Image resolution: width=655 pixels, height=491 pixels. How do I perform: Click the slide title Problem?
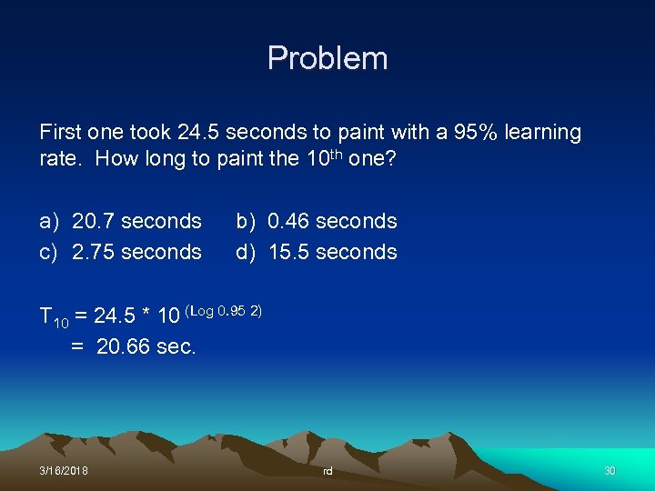pyautogui.click(x=327, y=59)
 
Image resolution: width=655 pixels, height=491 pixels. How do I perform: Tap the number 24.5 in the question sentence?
pyautogui.click(x=198, y=133)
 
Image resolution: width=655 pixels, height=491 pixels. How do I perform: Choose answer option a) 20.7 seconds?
pyautogui.click(x=121, y=221)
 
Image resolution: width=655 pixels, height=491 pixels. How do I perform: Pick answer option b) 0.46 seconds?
pyautogui.click(x=317, y=221)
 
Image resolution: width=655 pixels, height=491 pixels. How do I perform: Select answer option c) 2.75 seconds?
pyautogui.click(x=121, y=252)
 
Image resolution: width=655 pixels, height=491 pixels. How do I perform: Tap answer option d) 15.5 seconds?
pyautogui.click(x=317, y=252)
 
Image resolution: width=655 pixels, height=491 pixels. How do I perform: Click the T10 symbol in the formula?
pyautogui.click(x=54, y=318)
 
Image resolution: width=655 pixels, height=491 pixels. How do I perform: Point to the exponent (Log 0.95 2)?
pyautogui.click(x=224, y=311)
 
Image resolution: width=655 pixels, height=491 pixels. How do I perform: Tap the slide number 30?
pyautogui.click(x=610, y=470)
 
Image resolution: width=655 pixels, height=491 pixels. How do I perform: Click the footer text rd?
pyautogui.click(x=327, y=471)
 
